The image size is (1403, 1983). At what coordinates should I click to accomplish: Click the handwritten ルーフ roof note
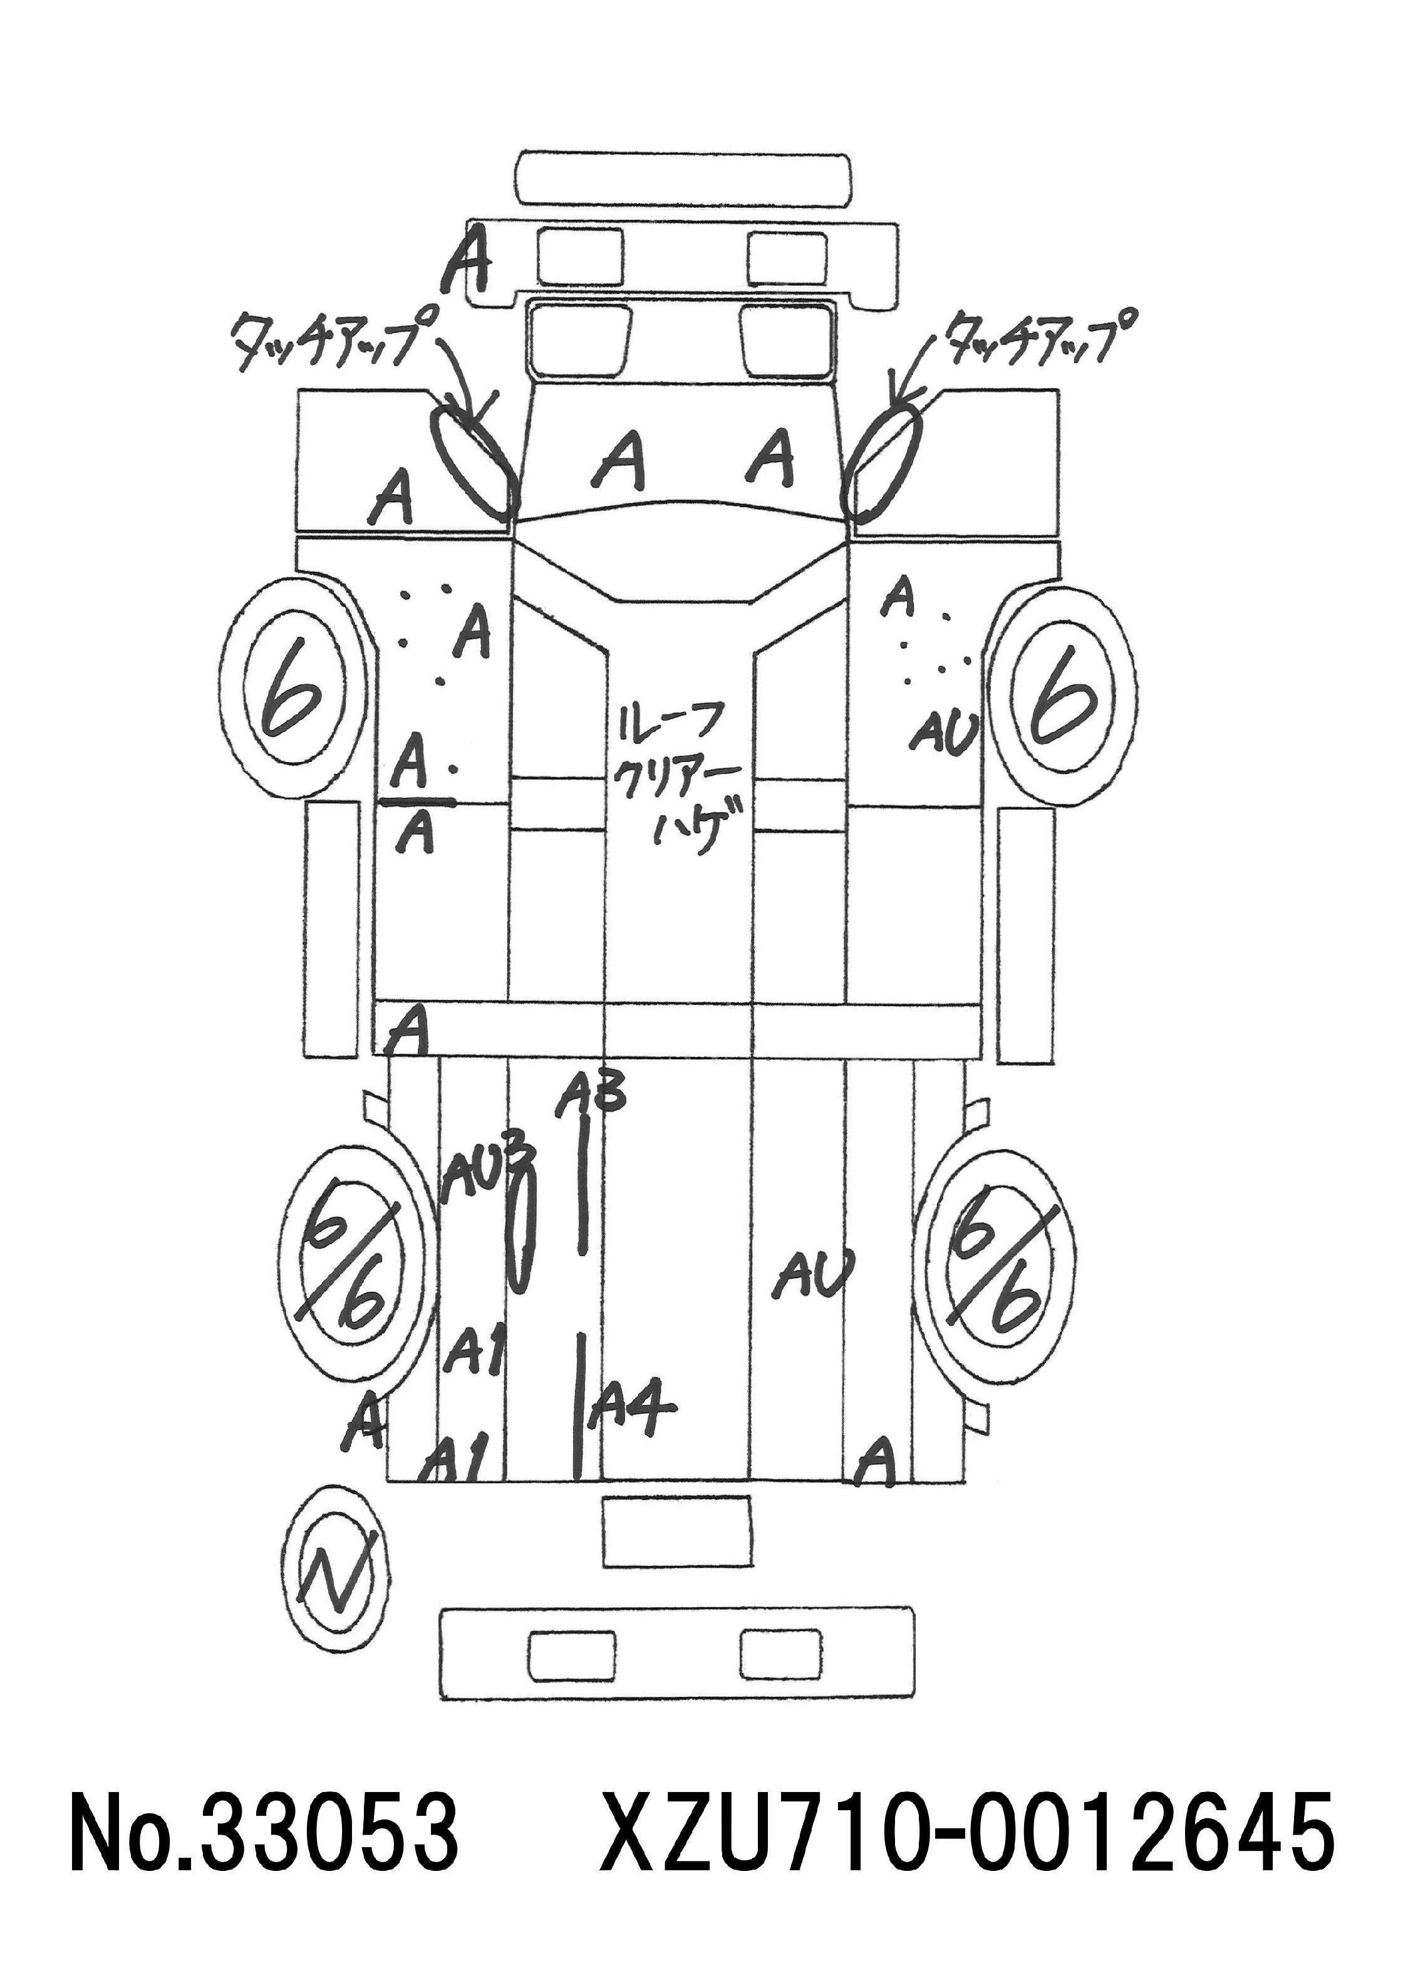tap(668, 722)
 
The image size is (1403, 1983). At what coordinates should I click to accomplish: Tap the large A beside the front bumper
tap(467, 257)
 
